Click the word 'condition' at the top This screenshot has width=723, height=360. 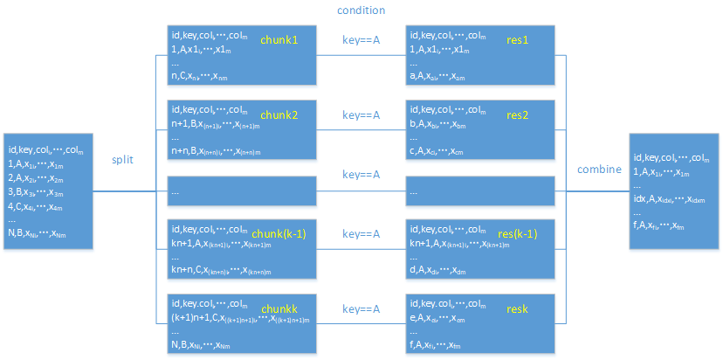[x=361, y=10]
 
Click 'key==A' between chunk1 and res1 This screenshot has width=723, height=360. [x=361, y=40]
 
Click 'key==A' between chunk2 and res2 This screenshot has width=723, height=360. [x=361, y=114]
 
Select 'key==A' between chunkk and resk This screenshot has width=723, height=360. [x=361, y=308]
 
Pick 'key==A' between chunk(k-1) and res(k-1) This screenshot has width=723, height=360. [x=361, y=233]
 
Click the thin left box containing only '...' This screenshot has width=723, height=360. [x=241, y=190]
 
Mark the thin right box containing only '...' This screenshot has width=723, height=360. [x=480, y=190]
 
